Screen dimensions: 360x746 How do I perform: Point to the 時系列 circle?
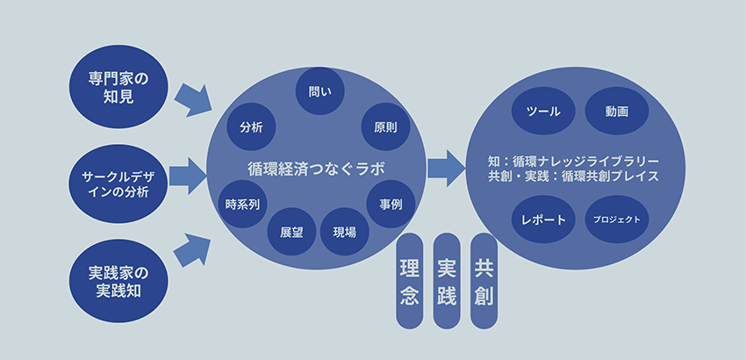[242, 205]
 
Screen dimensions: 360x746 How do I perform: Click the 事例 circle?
[391, 205]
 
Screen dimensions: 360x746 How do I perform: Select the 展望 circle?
[292, 233]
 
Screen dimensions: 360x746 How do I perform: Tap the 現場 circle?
[345, 233]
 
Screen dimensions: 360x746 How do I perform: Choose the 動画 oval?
[616, 112]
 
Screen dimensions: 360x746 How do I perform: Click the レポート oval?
[542, 220]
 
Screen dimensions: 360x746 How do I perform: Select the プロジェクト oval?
[616, 220]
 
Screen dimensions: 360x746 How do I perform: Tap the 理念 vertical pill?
[408, 281]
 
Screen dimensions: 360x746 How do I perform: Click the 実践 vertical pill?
[446, 281]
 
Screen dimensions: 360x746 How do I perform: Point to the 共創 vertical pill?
[484, 281]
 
